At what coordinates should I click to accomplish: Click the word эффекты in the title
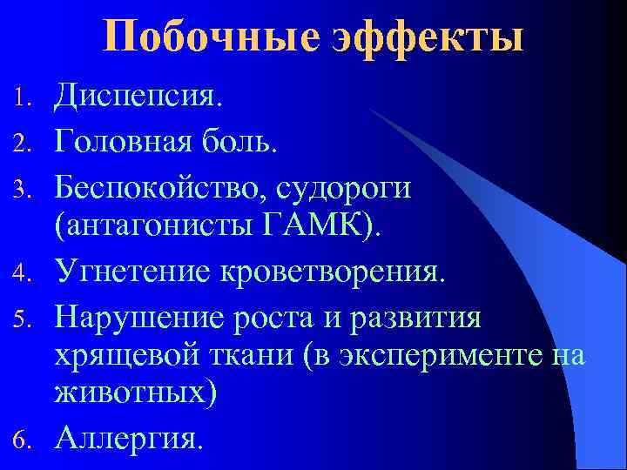pos(428,39)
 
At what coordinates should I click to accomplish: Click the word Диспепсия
pos(138,95)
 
